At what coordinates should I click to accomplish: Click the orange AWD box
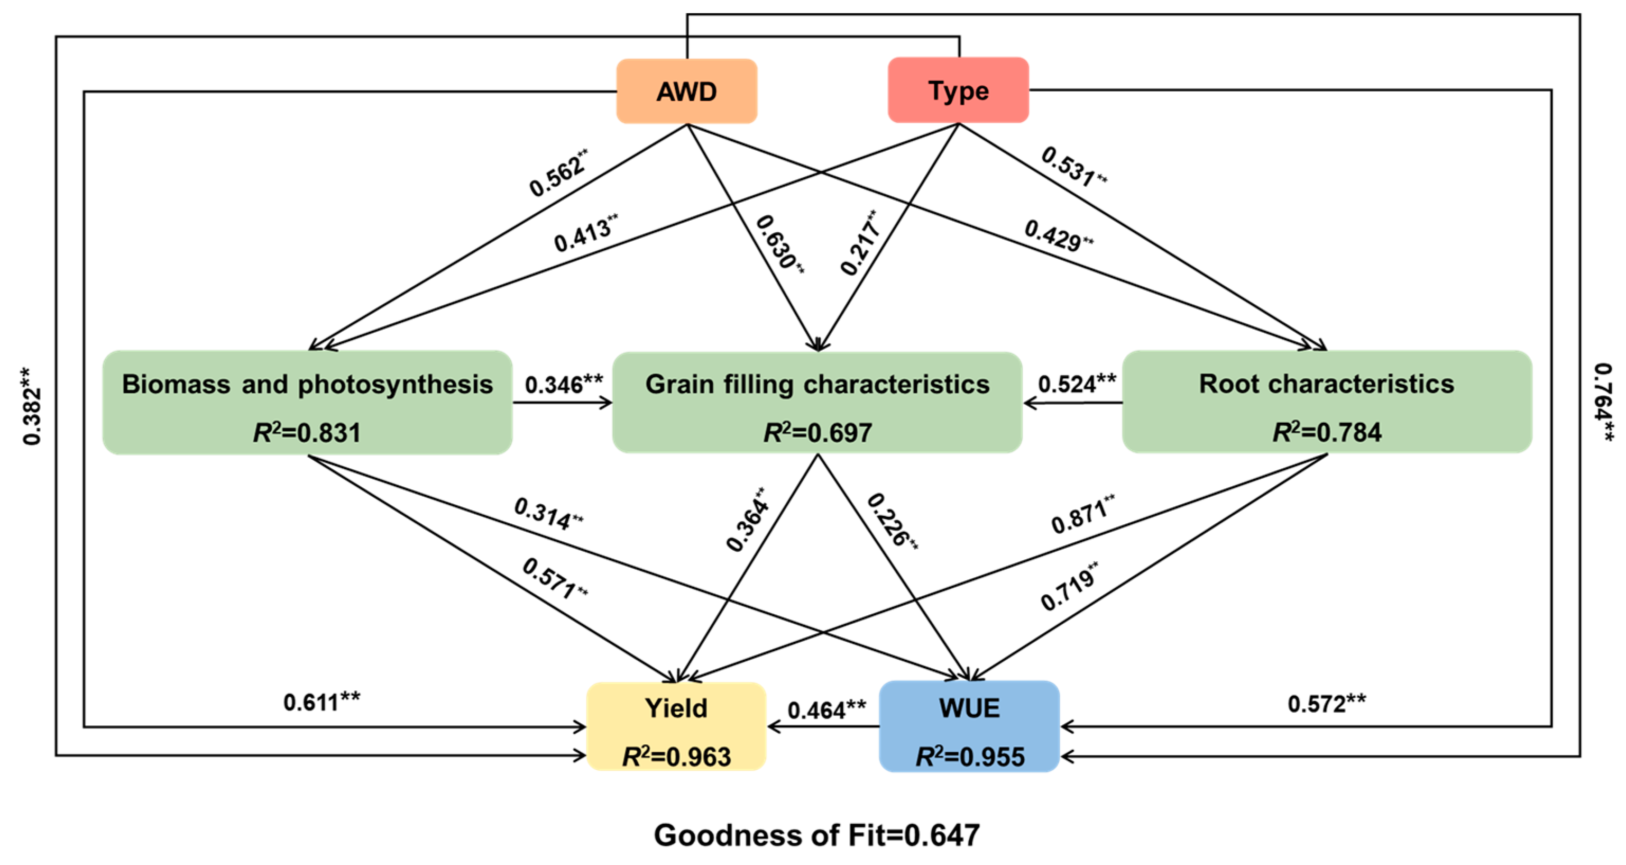[686, 92]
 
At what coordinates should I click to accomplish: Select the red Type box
[958, 90]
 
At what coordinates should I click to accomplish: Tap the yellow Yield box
[676, 726]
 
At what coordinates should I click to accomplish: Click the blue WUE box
[969, 726]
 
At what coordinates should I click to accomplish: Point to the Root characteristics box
[1326, 402]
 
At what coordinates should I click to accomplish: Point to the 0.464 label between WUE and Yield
[825, 709]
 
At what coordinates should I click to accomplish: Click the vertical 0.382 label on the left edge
[32, 406]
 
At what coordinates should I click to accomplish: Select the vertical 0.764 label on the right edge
[1603, 402]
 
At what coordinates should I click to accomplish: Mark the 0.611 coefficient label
[321, 702]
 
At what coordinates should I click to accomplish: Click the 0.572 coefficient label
[1326, 703]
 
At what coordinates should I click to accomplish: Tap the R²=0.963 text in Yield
[676, 757]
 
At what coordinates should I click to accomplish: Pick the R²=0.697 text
[817, 433]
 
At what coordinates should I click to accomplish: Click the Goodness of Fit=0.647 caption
[816, 835]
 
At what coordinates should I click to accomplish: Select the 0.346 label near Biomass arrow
[563, 384]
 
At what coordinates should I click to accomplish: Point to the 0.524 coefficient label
[1076, 383]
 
